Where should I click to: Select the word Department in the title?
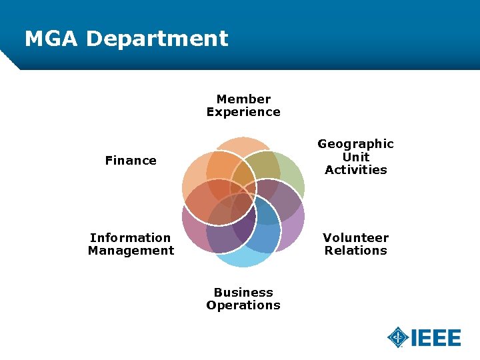click(x=157, y=39)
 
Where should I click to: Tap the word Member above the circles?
click(x=243, y=99)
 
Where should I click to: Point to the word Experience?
click(x=243, y=112)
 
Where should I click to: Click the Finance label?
click(x=131, y=161)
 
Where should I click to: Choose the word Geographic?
click(x=355, y=144)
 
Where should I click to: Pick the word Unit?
click(x=355, y=157)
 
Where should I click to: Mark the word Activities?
click(x=355, y=170)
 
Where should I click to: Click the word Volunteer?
click(x=355, y=238)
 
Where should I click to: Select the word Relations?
click(x=355, y=251)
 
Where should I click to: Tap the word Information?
click(x=131, y=238)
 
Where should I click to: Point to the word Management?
click(x=131, y=251)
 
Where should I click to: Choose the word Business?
click(x=243, y=293)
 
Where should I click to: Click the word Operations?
click(x=243, y=305)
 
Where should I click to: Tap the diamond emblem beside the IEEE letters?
click(x=398, y=337)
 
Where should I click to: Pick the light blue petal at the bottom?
click(x=243, y=259)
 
